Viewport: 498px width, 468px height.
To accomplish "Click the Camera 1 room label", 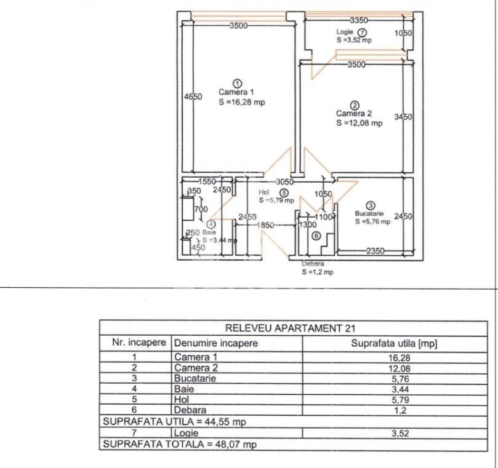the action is (x=236, y=92).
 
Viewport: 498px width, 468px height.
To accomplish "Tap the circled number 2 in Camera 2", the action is (x=355, y=105).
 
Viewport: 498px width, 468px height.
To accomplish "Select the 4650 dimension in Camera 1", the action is (x=193, y=97).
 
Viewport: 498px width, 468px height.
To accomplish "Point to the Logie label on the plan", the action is (x=345, y=32).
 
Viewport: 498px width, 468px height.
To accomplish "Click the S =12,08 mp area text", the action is (x=359, y=123).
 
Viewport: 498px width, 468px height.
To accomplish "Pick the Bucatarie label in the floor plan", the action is (x=369, y=213).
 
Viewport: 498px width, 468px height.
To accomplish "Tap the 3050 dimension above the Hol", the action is (x=284, y=182).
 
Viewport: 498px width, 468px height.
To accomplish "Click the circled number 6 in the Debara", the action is (x=316, y=236).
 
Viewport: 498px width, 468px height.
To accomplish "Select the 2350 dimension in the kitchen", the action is (x=376, y=251).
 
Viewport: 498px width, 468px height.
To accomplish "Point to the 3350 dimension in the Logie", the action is (x=359, y=20).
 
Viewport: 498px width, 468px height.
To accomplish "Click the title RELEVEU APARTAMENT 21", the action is (x=290, y=328).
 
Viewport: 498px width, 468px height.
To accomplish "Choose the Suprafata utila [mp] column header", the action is (x=394, y=343).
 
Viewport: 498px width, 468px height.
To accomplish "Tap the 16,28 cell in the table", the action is (x=400, y=358).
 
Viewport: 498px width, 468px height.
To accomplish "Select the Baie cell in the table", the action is (x=184, y=389).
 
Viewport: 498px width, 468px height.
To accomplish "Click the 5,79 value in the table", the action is (x=400, y=400).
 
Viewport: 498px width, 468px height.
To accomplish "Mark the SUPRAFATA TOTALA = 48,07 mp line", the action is (x=180, y=444).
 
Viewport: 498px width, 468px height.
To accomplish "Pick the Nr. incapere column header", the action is (x=139, y=343).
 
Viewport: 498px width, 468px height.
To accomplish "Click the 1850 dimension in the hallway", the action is (x=265, y=225).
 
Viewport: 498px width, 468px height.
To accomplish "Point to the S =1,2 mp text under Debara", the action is (x=318, y=272).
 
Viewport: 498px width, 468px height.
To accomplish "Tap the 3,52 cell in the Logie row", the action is (x=400, y=433).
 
